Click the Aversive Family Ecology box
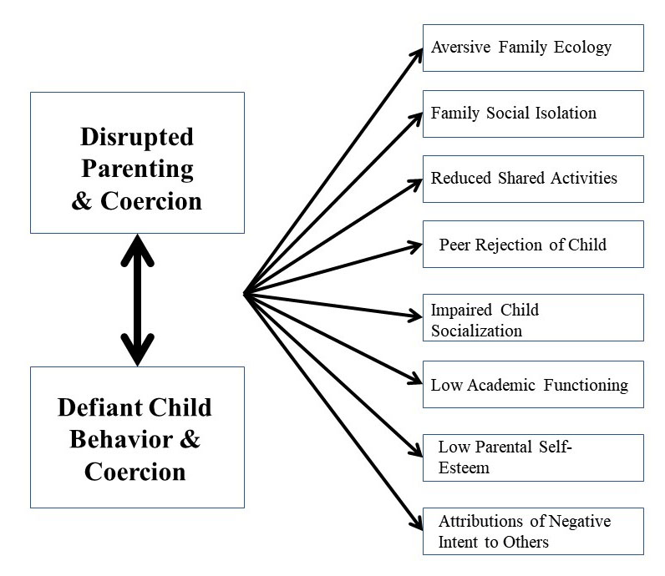point(533,48)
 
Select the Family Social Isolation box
point(533,114)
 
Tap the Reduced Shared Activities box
point(533,179)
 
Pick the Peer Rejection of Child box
point(533,244)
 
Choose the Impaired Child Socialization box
point(533,317)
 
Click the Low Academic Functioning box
point(533,385)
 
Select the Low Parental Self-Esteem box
point(533,457)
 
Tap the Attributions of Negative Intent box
point(533,531)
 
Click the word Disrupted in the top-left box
point(137,138)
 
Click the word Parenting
point(137,170)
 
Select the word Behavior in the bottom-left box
point(121,439)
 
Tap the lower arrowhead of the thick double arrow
point(137,350)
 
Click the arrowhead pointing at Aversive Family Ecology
point(417,56)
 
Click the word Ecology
point(582,48)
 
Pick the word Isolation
point(566,114)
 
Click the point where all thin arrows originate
point(245,293)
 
